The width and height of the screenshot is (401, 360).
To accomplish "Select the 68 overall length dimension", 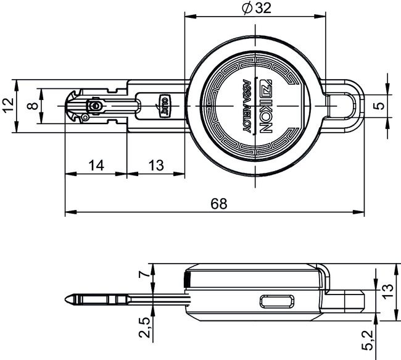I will pos(218,203).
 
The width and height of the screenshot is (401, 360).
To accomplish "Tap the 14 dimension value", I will pos(96,165).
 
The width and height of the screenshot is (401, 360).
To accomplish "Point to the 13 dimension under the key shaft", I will pos(157,165).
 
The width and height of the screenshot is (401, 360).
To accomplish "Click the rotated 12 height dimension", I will pos(7,106).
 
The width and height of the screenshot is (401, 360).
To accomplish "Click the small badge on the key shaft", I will pos(165,106).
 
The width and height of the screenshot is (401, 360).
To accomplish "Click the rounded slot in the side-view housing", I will pos(278,301).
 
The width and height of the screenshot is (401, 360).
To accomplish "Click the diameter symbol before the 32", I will pos(246,9).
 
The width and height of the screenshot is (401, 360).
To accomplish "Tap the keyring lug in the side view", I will pos(349,299).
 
